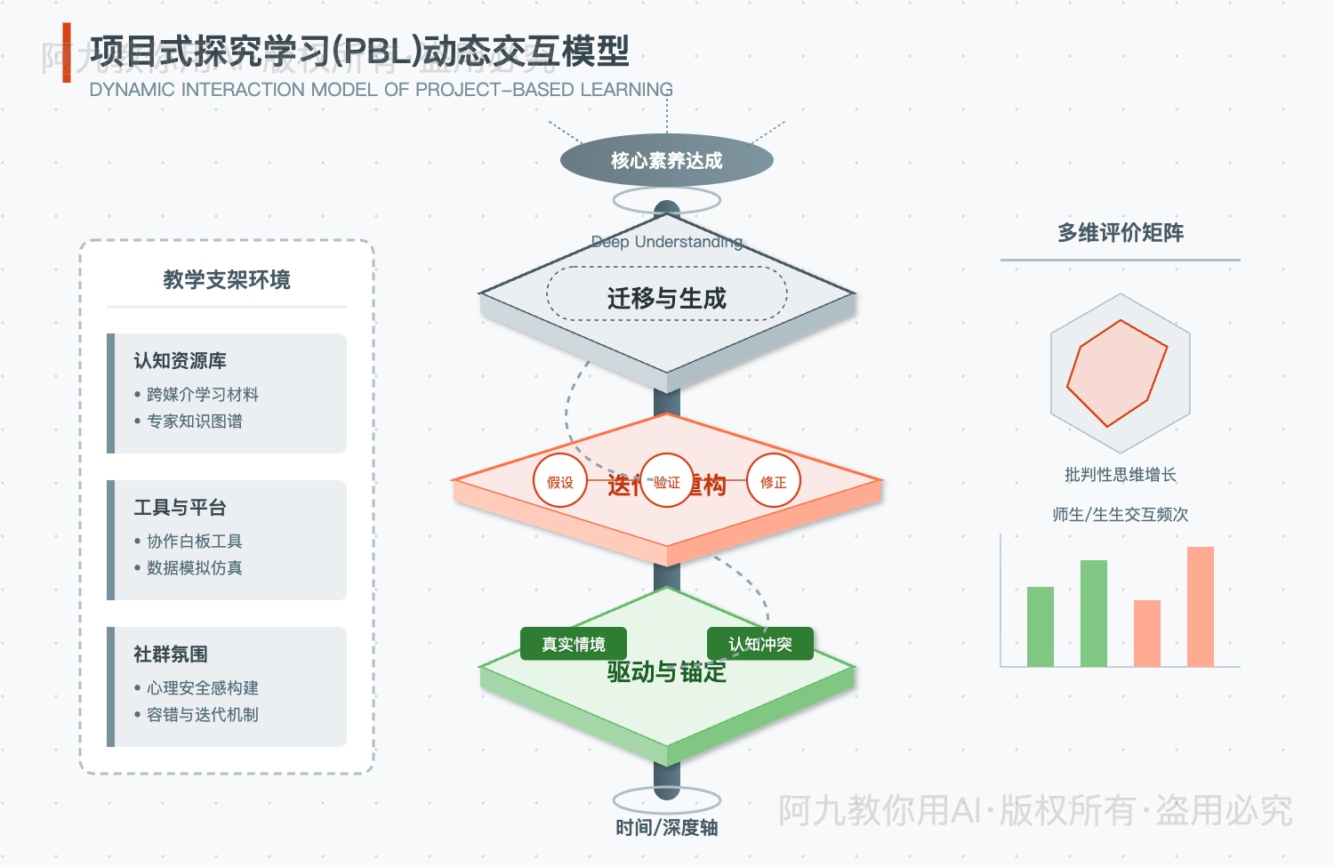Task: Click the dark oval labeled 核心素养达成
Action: [666, 160]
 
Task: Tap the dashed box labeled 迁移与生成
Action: [666, 294]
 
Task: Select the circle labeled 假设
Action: [560, 481]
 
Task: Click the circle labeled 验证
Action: [666, 481]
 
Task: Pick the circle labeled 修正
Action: [773, 481]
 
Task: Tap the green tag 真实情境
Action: [574, 644]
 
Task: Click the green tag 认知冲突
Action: [759, 644]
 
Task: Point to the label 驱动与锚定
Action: [666, 673]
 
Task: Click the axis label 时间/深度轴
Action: [666, 828]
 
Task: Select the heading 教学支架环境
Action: [226, 280]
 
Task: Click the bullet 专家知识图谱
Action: [194, 421]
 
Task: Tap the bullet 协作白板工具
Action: [194, 542]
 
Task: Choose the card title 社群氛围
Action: [171, 654]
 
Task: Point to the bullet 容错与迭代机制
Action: [202, 715]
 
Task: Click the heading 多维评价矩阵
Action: [1120, 233]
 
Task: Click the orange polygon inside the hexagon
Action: [1116, 373]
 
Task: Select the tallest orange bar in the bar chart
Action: [1200, 606]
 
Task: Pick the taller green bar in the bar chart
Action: [1093, 614]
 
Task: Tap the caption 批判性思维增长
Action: [1120, 475]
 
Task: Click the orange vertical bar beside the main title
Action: [67, 53]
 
